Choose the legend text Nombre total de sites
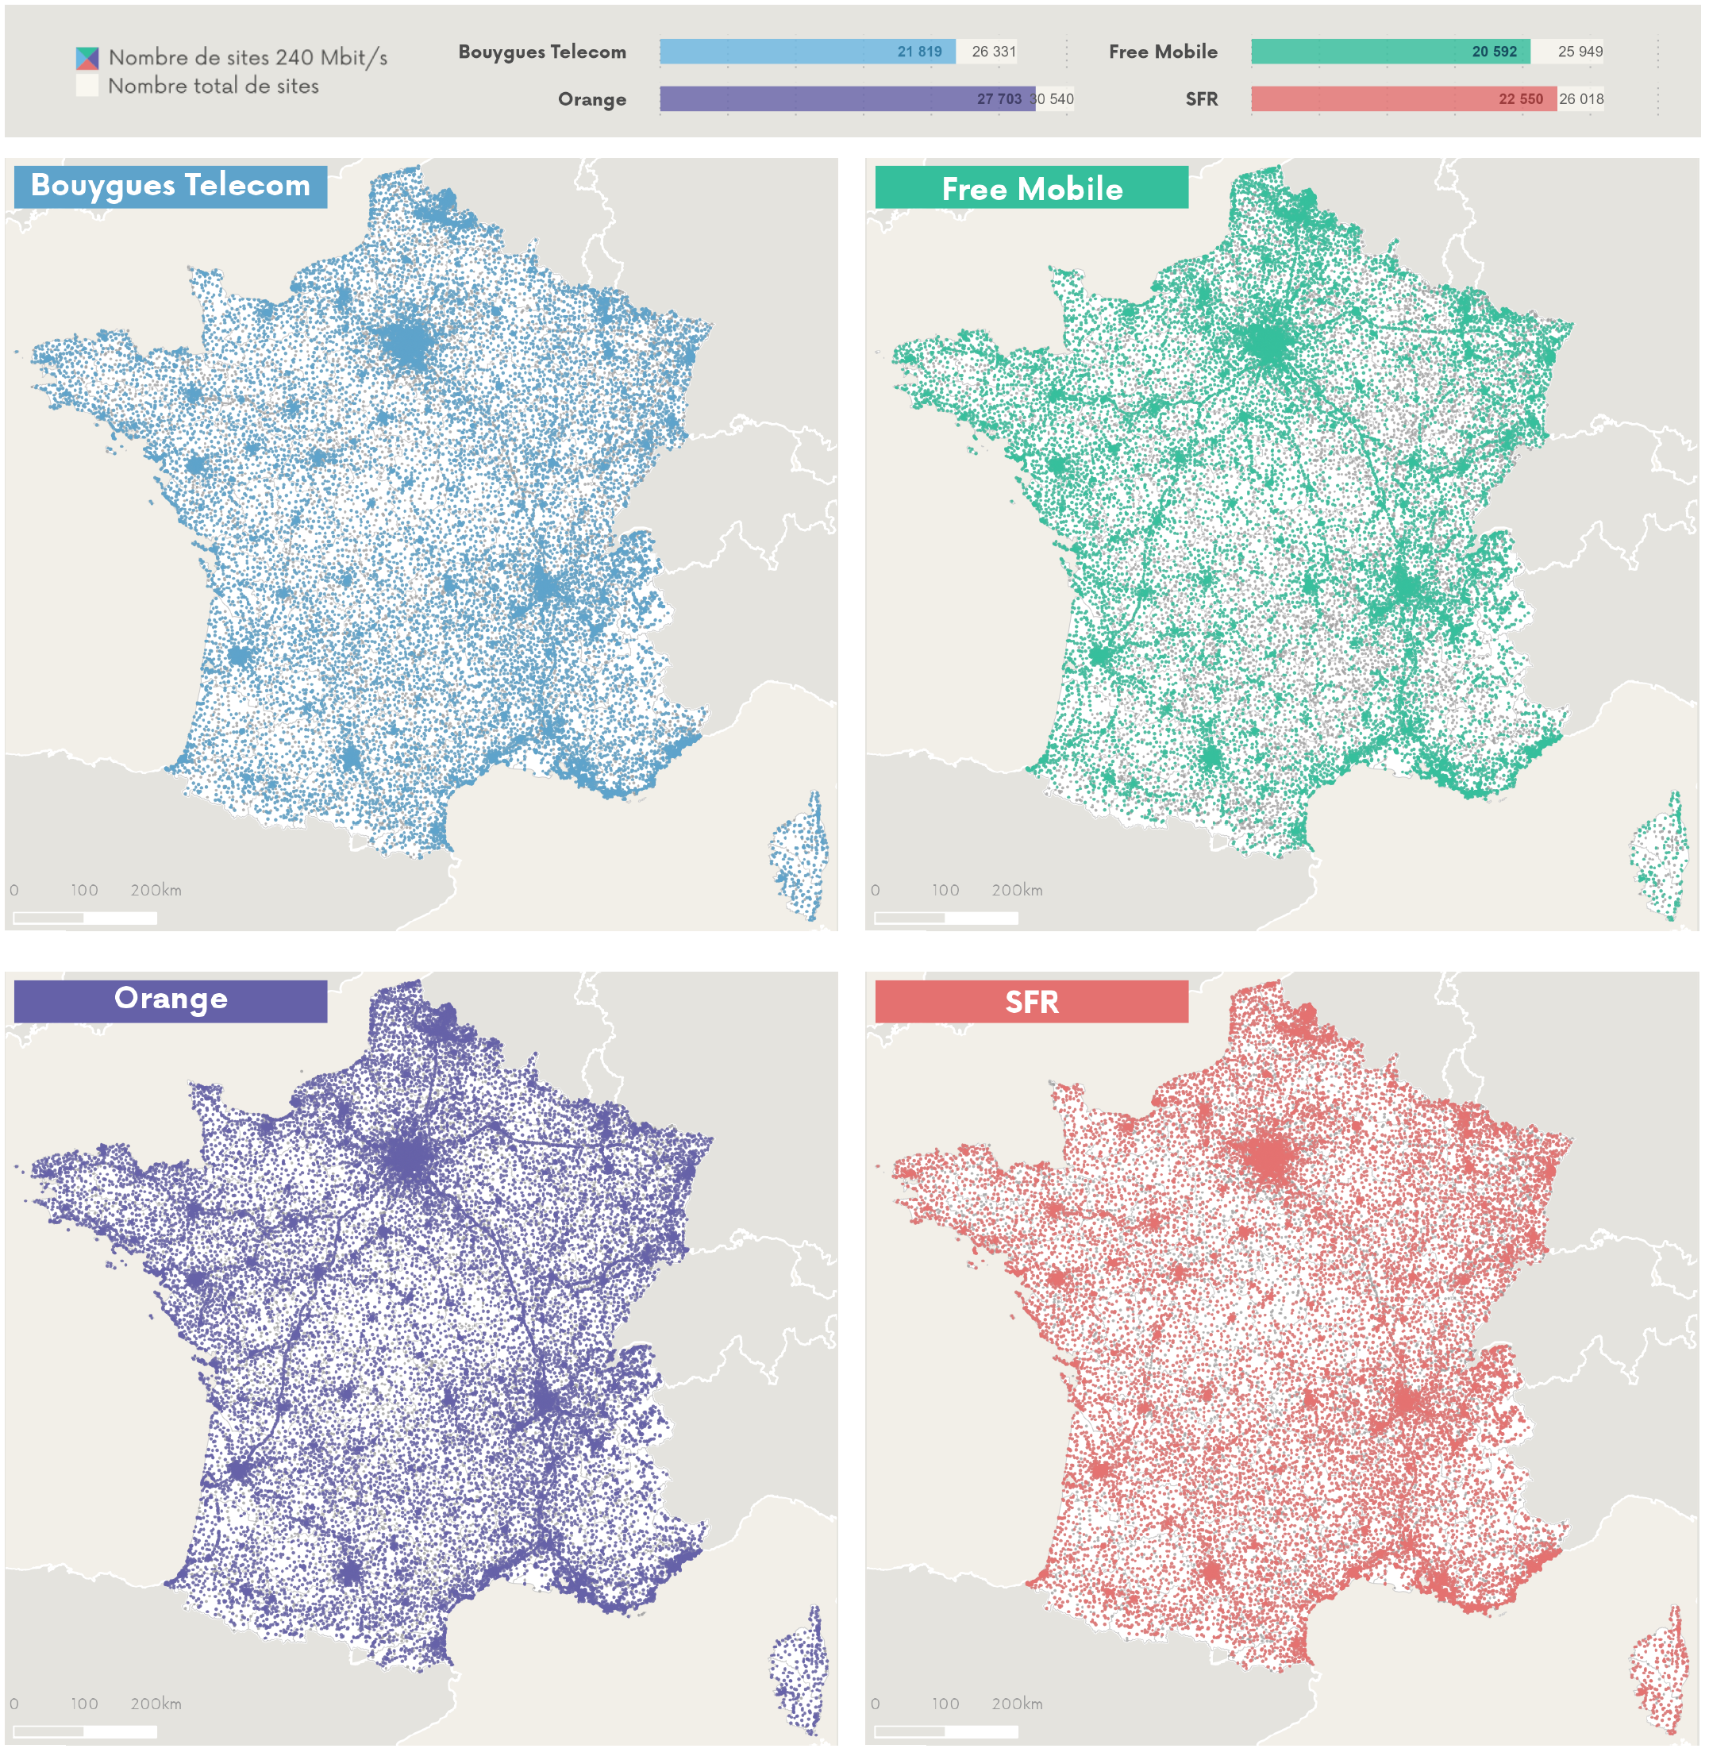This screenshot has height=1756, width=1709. [213, 87]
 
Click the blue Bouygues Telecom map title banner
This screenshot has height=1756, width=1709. [171, 187]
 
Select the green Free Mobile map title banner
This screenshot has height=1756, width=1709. [1031, 188]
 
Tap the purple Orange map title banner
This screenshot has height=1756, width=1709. [171, 1000]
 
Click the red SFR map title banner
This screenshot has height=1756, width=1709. [1031, 1002]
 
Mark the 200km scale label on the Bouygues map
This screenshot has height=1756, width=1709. [156, 891]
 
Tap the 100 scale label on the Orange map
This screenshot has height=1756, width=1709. [84, 1704]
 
